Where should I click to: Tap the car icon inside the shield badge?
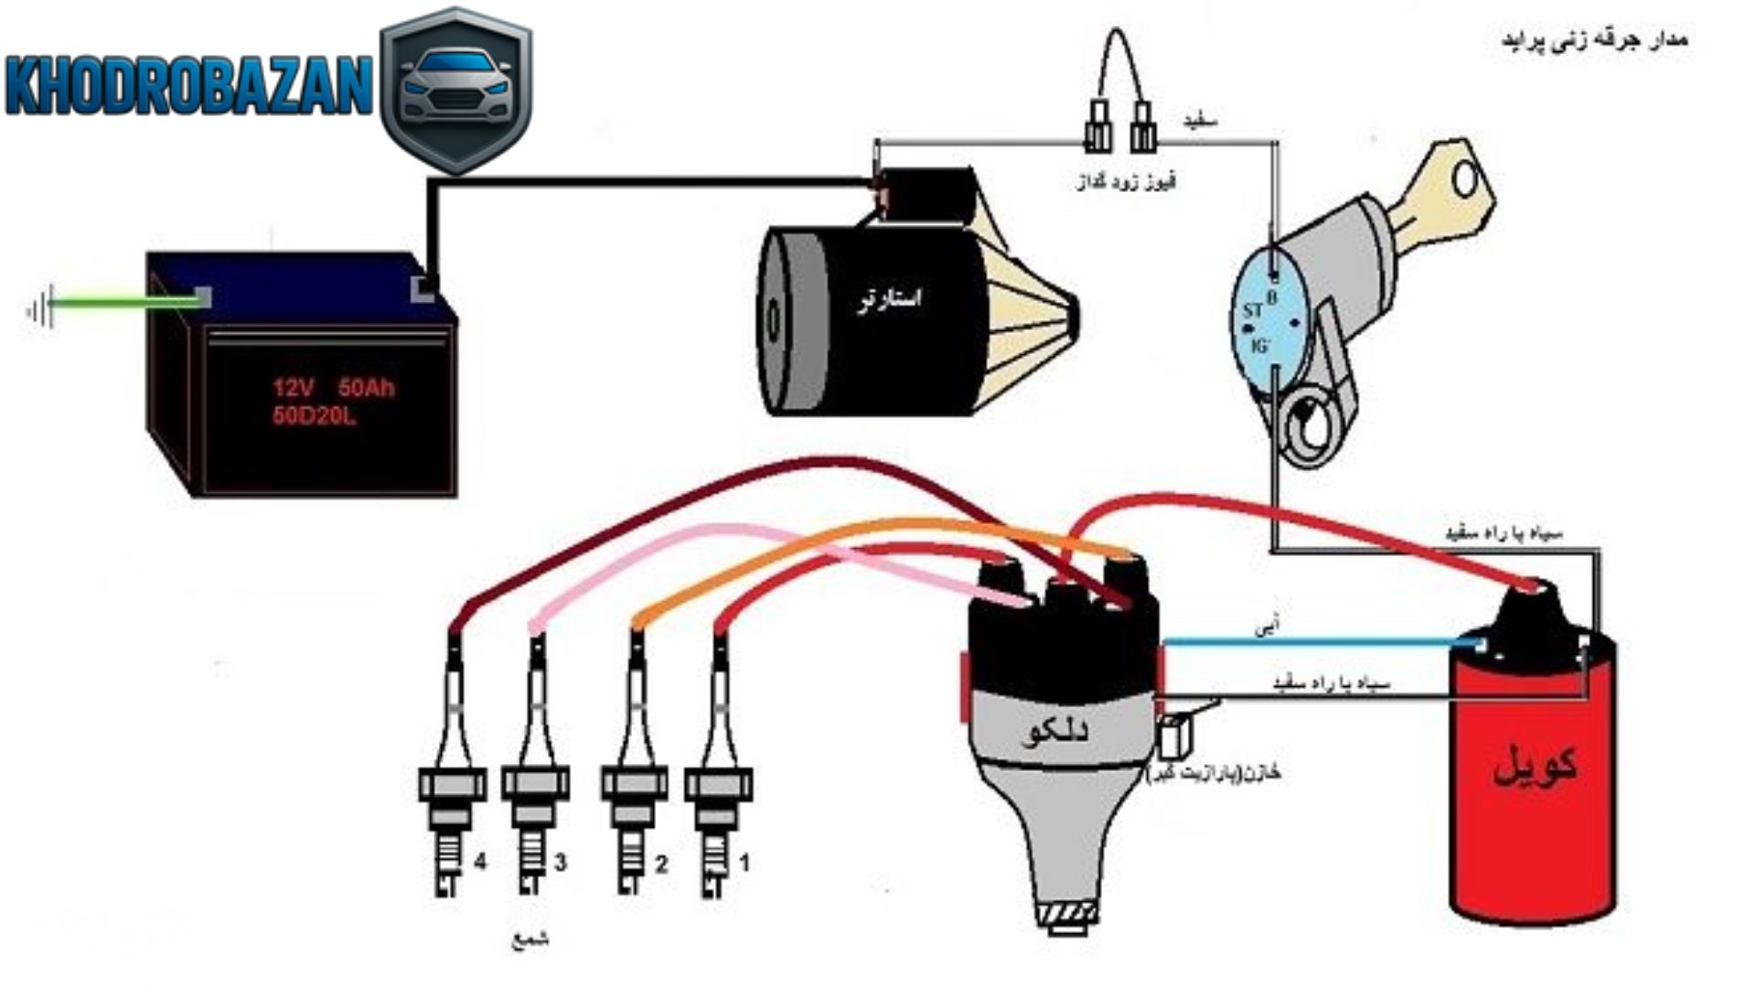tap(455, 86)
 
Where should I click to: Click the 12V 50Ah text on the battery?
tap(333, 388)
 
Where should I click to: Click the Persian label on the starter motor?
tap(889, 299)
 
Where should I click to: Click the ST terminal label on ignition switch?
tap(1252, 311)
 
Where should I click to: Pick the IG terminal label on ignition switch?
tap(1259, 346)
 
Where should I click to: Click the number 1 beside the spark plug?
tap(744, 862)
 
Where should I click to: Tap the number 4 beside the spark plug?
tap(480, 862)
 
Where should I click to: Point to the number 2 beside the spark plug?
tap(660, 864)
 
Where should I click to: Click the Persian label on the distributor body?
tap(1054, 732)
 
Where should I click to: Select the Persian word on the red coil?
tap(1535, 765)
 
